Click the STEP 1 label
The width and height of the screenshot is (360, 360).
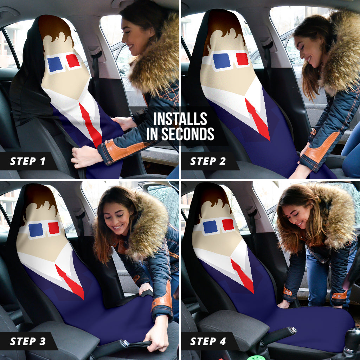[27, 161]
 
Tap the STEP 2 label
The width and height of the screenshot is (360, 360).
[208, 161]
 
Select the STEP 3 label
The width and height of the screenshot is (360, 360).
[28, 341]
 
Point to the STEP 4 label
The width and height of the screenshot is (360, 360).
[208, 341]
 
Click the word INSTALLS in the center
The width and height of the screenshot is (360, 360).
[180, 119]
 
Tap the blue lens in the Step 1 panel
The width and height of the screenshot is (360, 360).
[55, 64]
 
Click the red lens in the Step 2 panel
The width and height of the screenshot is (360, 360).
[242, 59]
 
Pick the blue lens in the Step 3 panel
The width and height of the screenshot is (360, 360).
[36, 230]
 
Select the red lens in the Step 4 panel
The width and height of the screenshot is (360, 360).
[228, 225]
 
